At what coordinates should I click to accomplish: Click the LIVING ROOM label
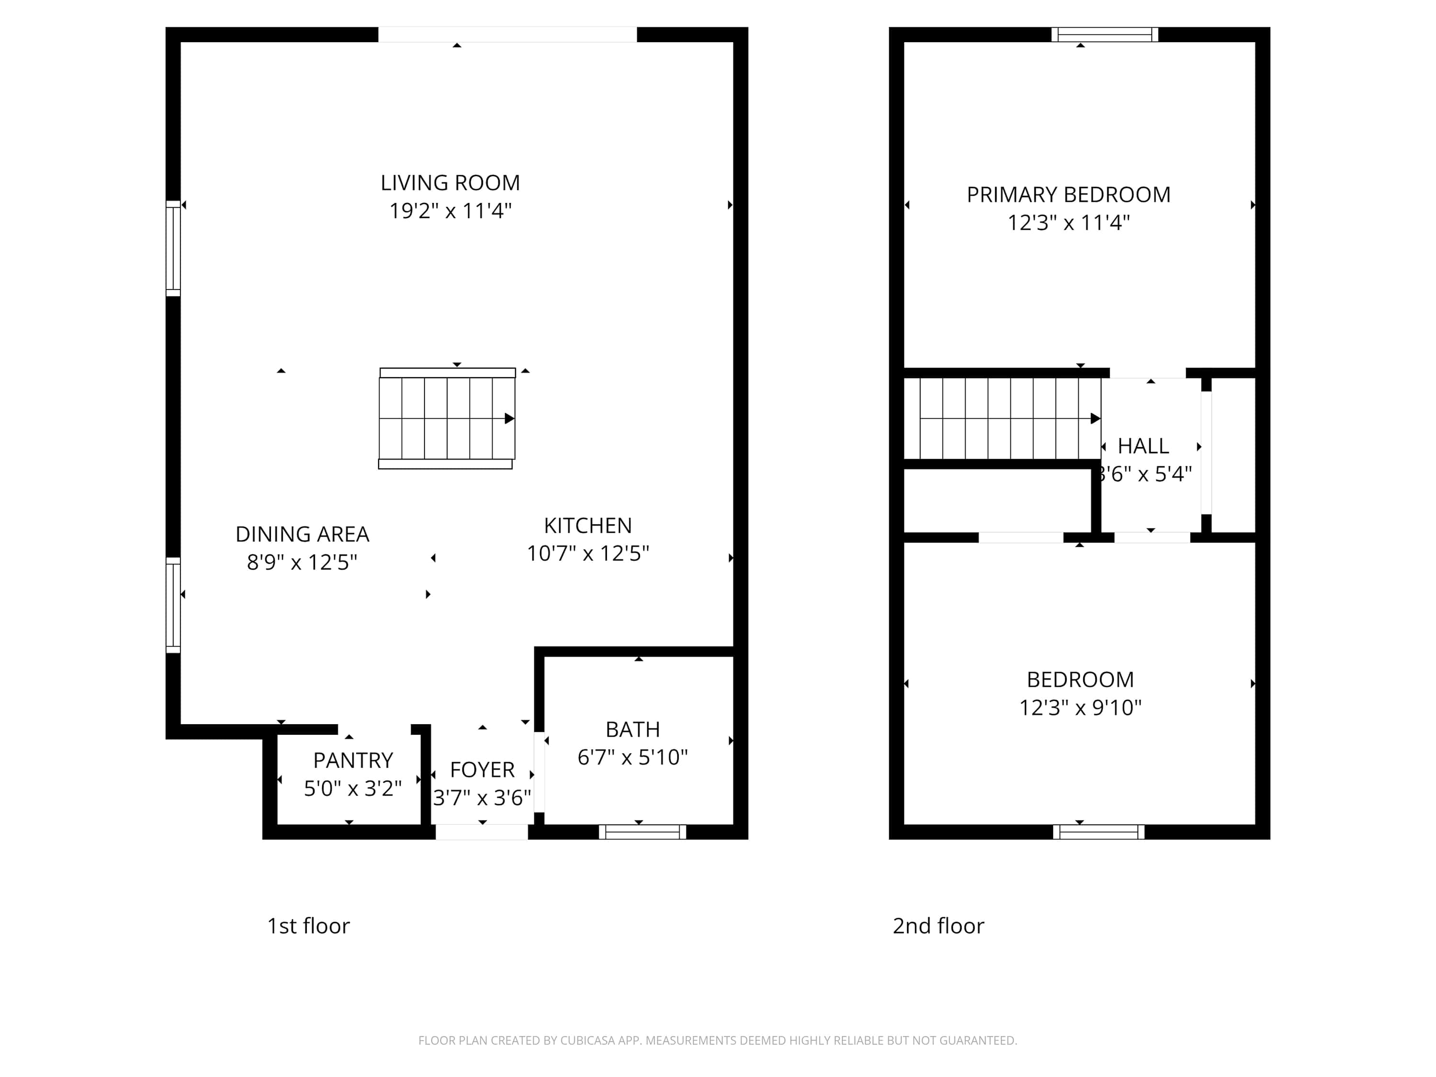[x=450, y=183]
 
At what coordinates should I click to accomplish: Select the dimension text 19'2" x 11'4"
[x=450, y=211]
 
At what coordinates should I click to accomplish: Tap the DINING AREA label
[x=302, y=534]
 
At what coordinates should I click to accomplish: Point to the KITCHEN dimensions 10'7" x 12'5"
[x=587, y=553]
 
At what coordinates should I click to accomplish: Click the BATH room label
[x=632, y=729]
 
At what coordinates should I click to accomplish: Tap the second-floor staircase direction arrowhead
[x=1095, y=419]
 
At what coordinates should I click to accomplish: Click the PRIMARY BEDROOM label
[x=1068, y=195]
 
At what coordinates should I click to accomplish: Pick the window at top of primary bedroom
[x=1104, y=34]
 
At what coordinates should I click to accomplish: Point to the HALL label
[x=1143, y=446]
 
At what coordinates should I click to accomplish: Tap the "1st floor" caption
[x=308, y=926]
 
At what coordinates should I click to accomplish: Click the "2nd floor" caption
[x=938, y=926]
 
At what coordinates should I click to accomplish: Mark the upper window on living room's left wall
[x=173, y=248]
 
